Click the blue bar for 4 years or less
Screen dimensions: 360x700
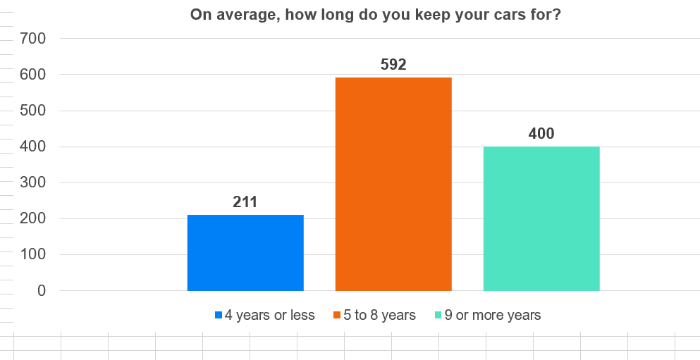pos(245,253)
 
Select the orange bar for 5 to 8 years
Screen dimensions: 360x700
pos(393,184)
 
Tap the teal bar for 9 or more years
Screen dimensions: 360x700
pos(541,218)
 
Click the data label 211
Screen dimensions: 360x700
pos(245,202)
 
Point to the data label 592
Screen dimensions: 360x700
pos(393,65)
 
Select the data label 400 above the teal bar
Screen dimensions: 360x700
pos(541,134)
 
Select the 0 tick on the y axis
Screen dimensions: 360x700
pos(41,291)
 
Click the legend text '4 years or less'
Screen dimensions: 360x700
pos(270,315)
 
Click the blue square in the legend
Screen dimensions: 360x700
pos(219,315)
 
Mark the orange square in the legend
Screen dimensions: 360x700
pos(338,315)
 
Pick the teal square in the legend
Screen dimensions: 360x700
pos(438,315)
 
